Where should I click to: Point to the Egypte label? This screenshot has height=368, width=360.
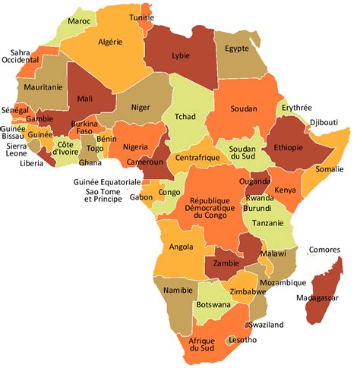point(236,49)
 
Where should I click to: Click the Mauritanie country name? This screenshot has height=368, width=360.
point(43,87)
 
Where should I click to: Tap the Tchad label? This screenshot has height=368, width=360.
point(185,117)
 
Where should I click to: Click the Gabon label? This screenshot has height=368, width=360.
point(141,197)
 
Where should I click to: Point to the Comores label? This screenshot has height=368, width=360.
point(324,250)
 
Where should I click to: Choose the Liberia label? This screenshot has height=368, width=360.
point(31,162)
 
